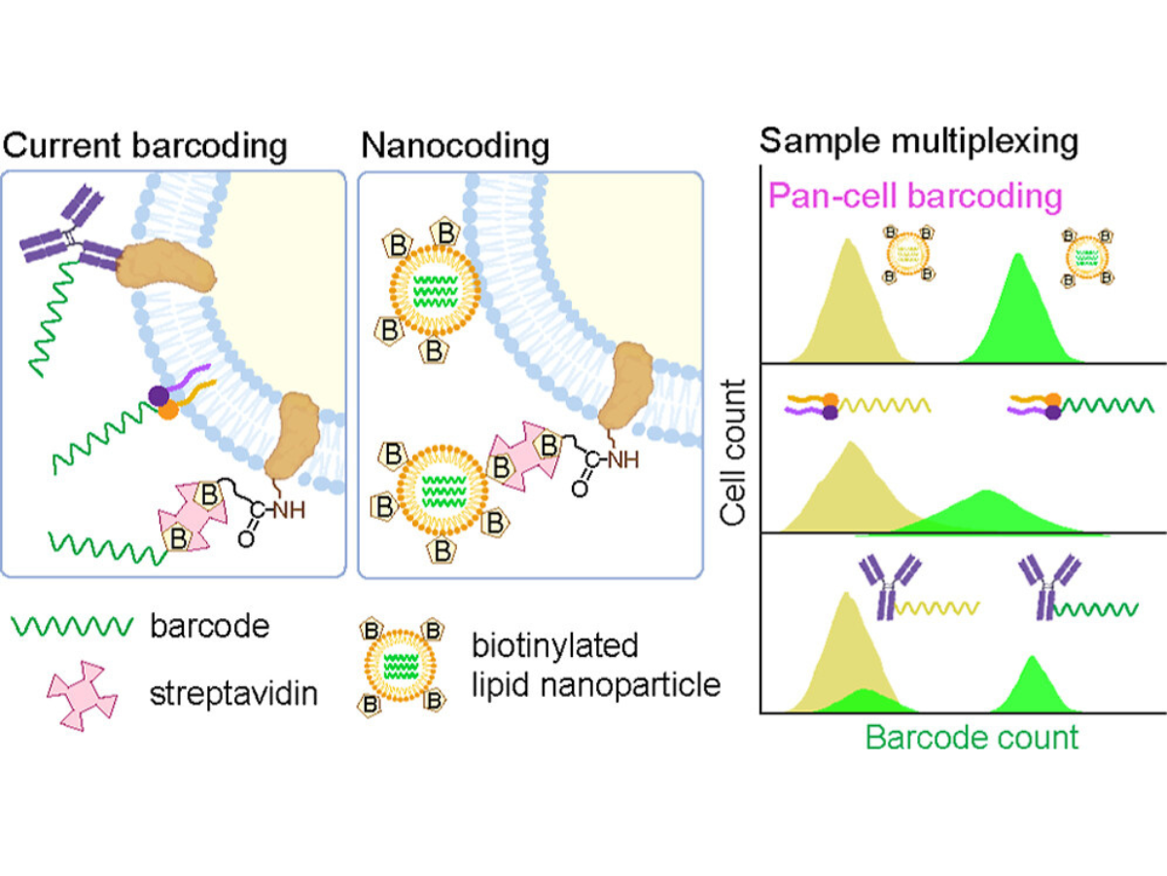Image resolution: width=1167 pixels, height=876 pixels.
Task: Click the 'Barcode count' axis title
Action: click(x=972, y=737)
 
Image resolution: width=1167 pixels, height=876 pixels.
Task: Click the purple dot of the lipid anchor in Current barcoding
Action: click(x=156, y=395)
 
